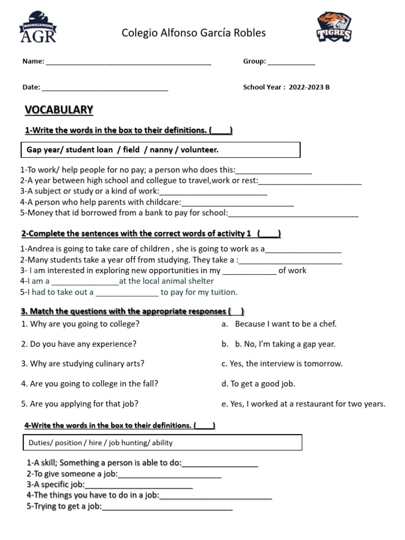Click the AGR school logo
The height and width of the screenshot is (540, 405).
coord(38,27)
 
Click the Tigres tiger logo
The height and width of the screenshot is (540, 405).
coord(334,27)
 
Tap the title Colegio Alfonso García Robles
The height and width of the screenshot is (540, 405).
coord(194,33)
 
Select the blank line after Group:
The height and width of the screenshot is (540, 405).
coord(291,62)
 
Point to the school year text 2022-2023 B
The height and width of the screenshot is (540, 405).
coord(309,88)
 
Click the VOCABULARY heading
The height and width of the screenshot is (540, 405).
coord(59,110)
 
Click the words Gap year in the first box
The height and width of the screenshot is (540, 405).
coord(43,150)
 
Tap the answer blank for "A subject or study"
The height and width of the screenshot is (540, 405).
coord(213,192)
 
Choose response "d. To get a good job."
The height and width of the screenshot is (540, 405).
coord(258,384)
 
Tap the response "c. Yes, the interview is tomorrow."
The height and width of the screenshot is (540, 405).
coord(282,364)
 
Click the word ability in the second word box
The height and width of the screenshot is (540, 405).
coord(160,443)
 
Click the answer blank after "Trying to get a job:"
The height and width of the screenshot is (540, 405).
coord(167,507)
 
